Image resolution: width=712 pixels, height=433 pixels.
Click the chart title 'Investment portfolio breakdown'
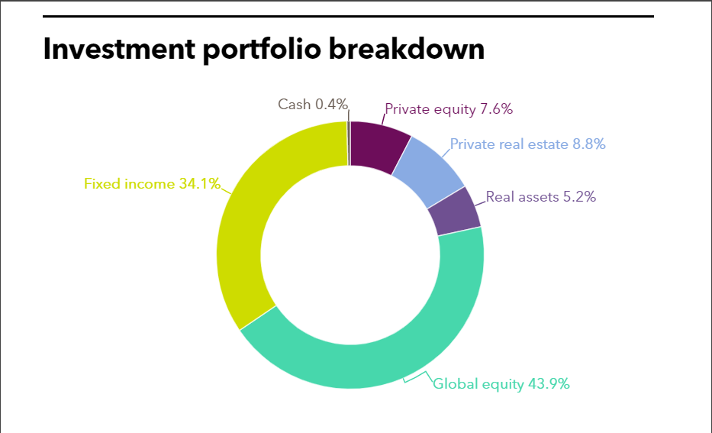tap(264, 49)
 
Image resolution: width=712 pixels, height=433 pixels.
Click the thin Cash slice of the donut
tap(349, 143)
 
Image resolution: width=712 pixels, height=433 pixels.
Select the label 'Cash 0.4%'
tap(313, 105)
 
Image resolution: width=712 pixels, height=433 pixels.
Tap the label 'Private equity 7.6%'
tap(449, 109)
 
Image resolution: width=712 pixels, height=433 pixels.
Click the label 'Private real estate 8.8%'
tap(527, 144)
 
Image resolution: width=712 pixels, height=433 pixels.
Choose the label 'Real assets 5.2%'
tap(541, 197)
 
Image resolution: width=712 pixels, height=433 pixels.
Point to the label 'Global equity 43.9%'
tap(501, 384)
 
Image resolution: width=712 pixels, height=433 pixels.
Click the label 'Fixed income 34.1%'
tap(152, 183)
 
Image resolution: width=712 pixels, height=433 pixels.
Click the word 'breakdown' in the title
tap(407, 48)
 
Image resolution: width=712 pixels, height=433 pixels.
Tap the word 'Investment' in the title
tap(119, 48)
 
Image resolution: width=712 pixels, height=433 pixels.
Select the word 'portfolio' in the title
tap(262, 49)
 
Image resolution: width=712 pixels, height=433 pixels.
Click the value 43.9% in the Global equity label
tap(549, 384)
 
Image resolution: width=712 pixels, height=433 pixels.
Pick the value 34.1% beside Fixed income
tap(200, 183)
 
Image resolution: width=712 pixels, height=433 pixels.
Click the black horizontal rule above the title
tap(348, 16)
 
